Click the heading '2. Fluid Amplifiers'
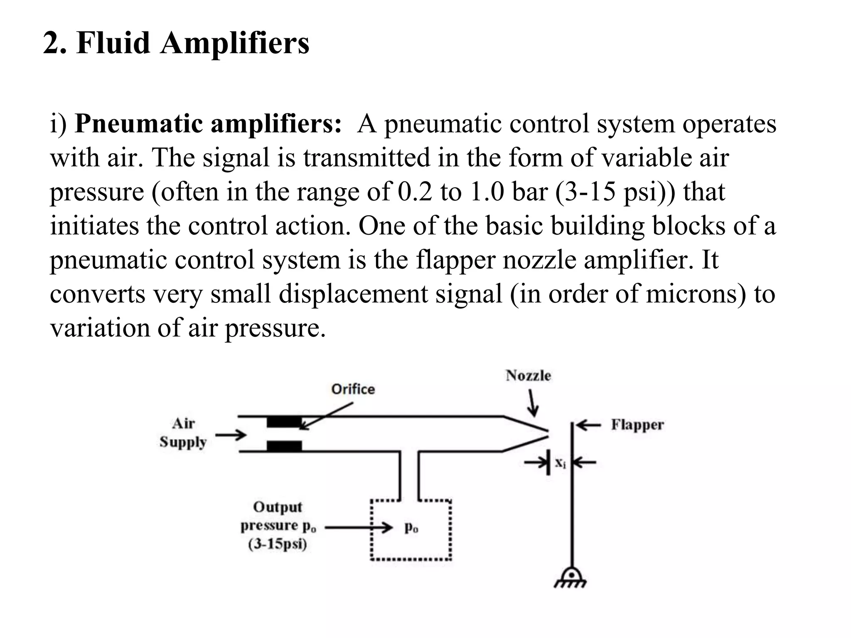coord(176,43)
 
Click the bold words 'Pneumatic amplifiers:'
coord(208,124)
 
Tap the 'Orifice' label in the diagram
coord(353,389)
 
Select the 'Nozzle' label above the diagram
coord(528,376)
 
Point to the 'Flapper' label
coord(637,425)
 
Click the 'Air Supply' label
coord(183,433)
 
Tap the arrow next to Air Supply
coord(231,435)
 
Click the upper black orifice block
coord(284,422)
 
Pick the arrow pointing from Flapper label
coord(589,425)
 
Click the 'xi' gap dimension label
coord(561,462)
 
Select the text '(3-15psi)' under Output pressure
coord(278,544)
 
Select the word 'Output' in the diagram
coord(278,507)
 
